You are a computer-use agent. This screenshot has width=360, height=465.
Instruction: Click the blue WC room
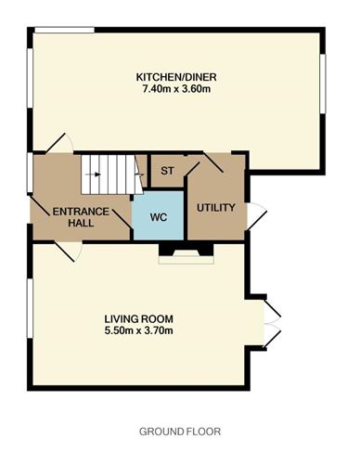pos(159,219)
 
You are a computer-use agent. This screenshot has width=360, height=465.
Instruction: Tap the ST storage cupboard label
pos(168,172)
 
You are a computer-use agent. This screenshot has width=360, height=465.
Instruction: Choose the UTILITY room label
pos(215,207)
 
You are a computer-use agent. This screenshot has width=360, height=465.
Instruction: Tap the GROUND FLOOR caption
pos(180,432)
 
